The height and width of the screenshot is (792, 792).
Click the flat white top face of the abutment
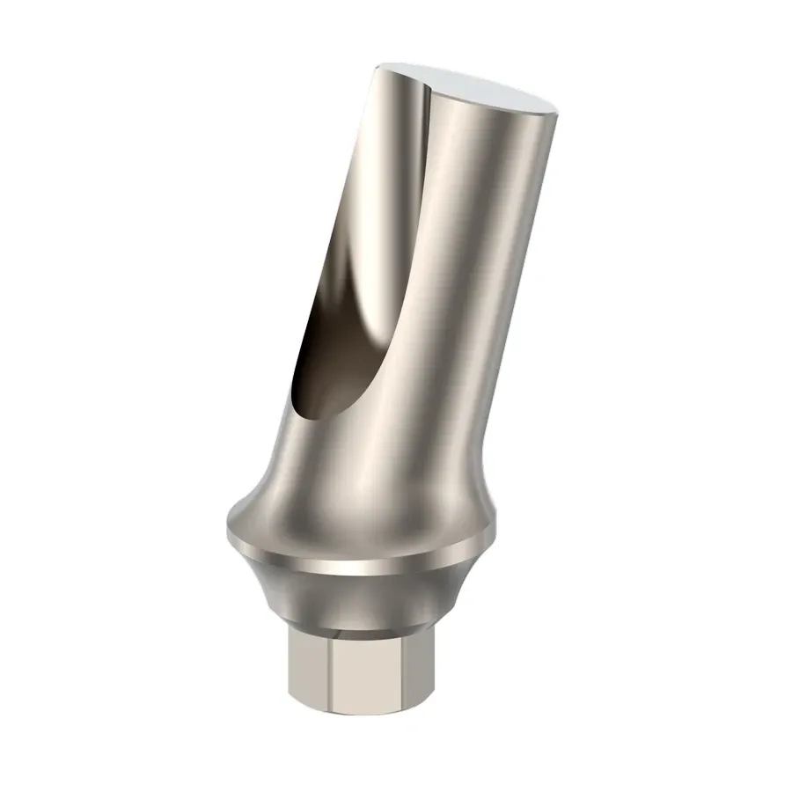[x=493, y=92]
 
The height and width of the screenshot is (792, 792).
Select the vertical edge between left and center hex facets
[x=329, y=678]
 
